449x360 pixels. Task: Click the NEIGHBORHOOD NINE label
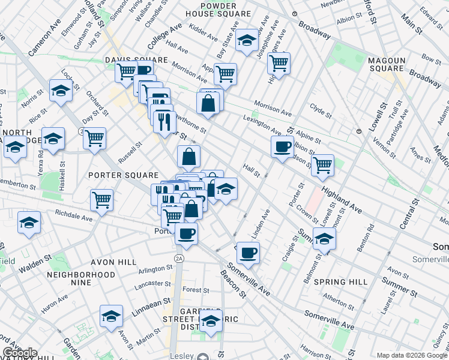(x=81, y=279)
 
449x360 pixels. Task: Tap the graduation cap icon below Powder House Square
(x=246, y=40)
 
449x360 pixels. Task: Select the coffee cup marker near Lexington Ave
(x=282, y=146)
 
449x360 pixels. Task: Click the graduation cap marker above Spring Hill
(x=324, y=239)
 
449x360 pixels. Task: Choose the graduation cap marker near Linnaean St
(x=111, y=316)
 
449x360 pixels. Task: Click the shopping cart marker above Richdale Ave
(x=101, y=200)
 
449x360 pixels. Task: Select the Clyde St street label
(x=321, y=110)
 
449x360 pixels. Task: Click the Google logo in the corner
(x=19, y=353)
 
